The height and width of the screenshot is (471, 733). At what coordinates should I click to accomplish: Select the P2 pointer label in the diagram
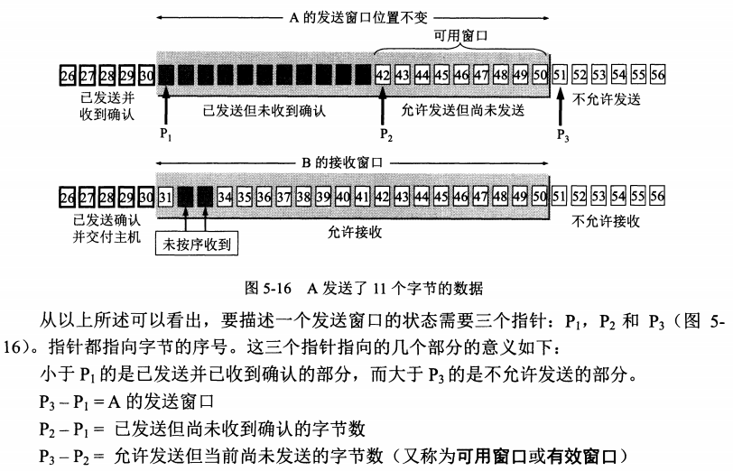(386, 134)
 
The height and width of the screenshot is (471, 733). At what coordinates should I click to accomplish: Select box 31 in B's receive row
(164, 196)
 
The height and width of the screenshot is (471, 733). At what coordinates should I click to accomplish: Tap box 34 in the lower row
(225, 196)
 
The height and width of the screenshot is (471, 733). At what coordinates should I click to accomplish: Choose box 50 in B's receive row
(540, 196)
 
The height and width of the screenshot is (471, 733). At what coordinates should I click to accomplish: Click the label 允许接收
(355, 232)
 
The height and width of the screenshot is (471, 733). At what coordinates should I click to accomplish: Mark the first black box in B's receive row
(185, 196)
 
